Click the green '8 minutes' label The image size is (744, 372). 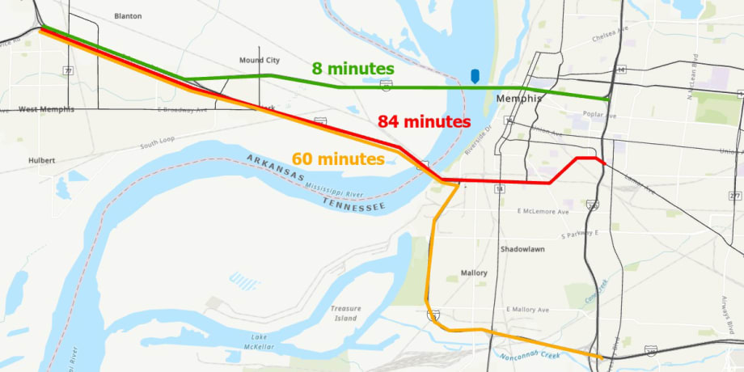tap(353, 68)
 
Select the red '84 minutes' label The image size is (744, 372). tap(424, 121)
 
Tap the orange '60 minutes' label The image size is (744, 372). tap(340, 159)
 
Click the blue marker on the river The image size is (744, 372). tap(475, 76)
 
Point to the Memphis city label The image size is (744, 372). tap(518, 99)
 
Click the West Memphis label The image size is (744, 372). tap(46, 109)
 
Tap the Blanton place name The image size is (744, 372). tap(128, 15)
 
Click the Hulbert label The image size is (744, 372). tap(40, 160)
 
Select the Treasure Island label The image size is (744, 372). tap(346, 313)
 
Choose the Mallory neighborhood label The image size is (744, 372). tap(474, 273)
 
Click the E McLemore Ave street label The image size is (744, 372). tap(543, 211)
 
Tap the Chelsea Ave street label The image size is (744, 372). tap(611, 36)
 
